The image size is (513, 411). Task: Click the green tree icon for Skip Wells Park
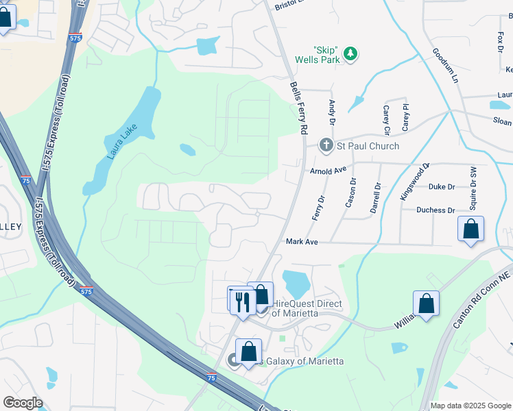click(350, 53)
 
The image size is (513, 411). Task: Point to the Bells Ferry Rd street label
click(300, 108)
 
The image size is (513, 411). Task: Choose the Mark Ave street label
click(302, 242)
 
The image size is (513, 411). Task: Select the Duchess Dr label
click(436, 210)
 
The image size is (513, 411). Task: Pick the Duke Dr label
click(442, 186)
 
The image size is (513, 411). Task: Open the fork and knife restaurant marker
click(242, 301)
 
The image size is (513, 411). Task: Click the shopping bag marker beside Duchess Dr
click(471, 229)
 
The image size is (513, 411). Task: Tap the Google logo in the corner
click(23, 403)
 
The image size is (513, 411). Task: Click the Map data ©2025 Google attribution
click(470, 406)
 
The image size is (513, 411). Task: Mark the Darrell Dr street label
click(375, 197)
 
